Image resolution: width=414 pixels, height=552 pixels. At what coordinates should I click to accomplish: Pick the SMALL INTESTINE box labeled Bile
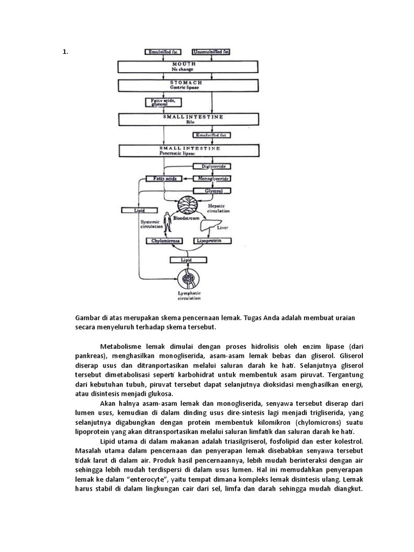coord(185,119)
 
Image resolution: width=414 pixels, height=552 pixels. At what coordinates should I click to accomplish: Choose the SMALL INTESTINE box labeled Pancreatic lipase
coord(185,150)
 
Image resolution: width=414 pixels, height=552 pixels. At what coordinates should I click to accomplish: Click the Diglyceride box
coord(212,167)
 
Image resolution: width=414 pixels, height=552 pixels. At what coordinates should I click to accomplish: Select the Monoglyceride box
coord(212,178)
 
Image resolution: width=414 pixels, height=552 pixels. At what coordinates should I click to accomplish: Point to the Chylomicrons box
coord(164,241)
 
